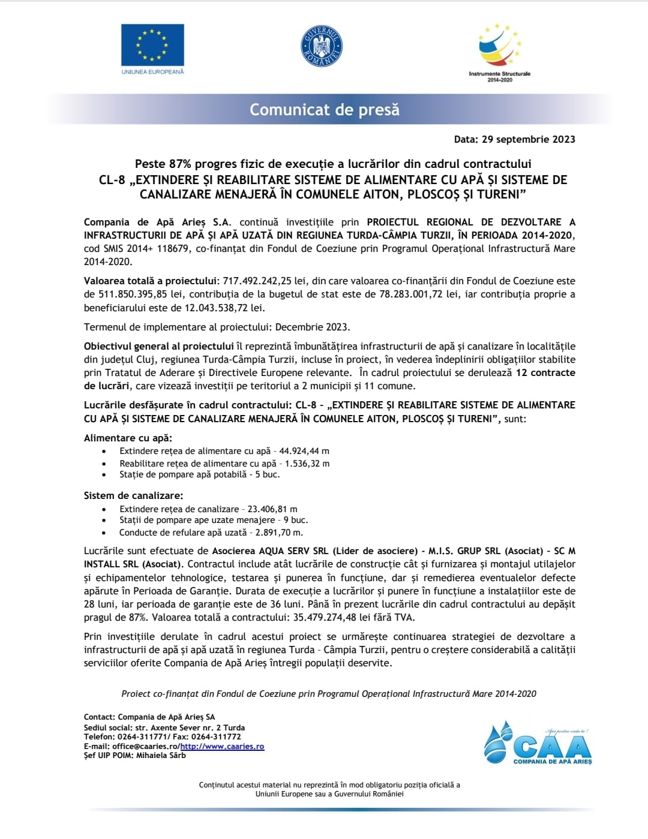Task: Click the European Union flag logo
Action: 152,45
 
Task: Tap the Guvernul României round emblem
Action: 321,46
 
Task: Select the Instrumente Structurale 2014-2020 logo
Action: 499,52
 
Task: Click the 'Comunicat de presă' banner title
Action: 324,110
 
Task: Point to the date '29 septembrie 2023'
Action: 528,139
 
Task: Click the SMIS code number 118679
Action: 174,248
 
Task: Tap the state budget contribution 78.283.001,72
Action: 411,294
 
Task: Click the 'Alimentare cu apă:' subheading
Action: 128,438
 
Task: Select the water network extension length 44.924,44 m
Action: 304,451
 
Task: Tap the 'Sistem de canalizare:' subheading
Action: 133,495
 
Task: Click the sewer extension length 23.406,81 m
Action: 272,509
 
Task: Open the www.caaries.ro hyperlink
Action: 222,747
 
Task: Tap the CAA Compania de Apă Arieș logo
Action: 538,744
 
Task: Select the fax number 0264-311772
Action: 216,737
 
